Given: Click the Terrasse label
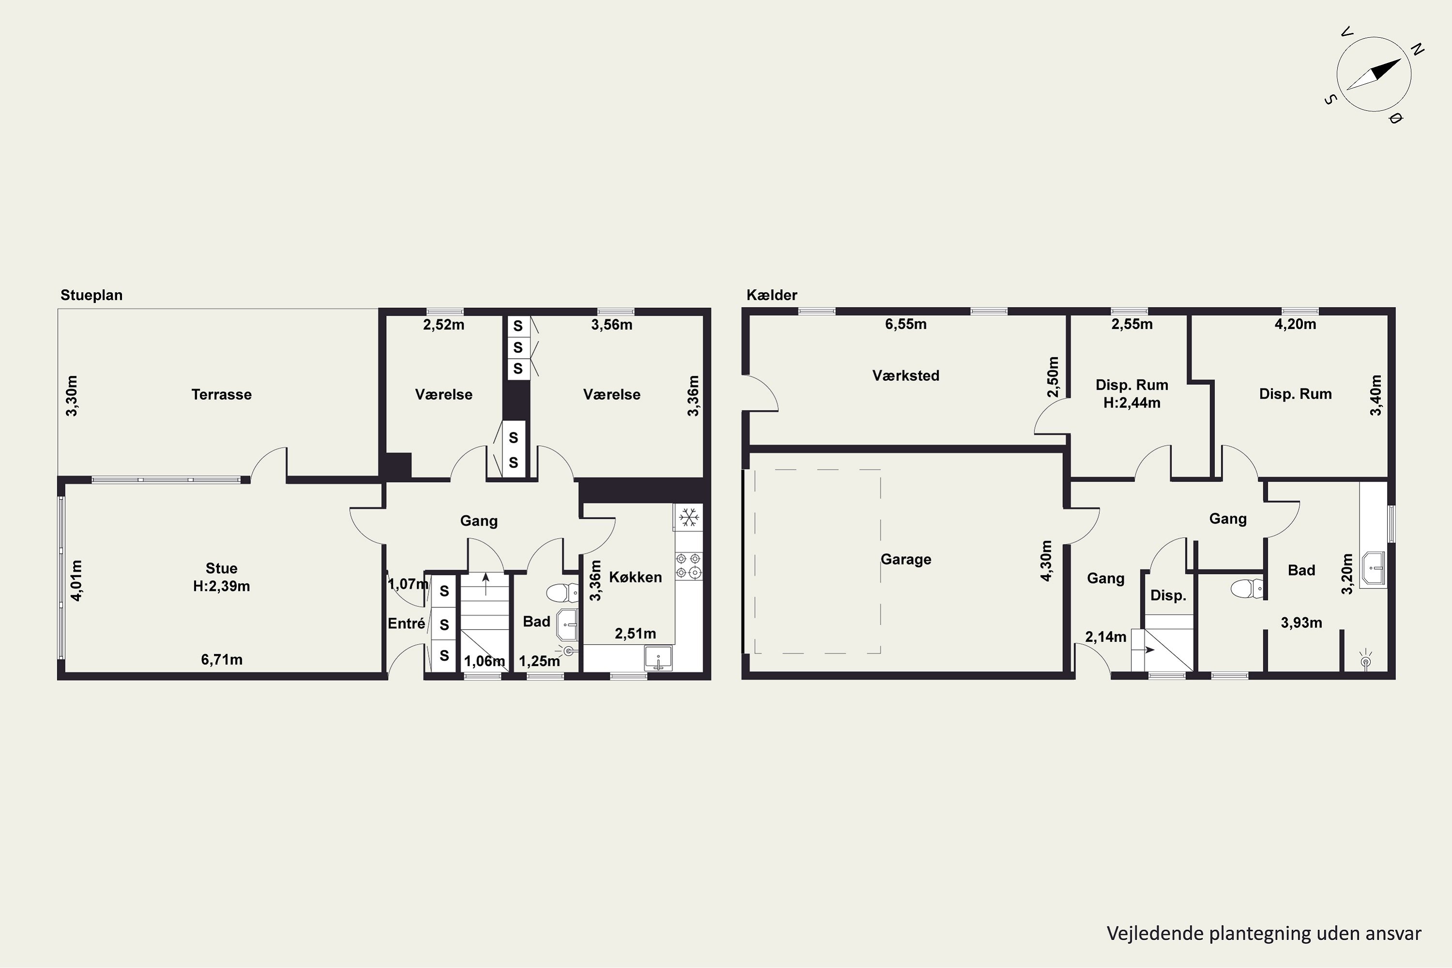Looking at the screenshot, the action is [x=222, y=394].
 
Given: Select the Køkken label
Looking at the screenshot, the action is [x=635, y=577].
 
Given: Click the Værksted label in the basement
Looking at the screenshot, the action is [x=906, y=376].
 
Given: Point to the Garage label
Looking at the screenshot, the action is [x=906, y=560].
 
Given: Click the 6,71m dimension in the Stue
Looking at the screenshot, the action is [x=222, y=659].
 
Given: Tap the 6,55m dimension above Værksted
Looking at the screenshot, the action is [x=906, y=324].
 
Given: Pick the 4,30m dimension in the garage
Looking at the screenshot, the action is [x=1046, y=560].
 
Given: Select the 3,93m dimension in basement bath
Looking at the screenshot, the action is [x=1301, y=622].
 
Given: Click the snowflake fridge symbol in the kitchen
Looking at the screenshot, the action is [x=688, y=517].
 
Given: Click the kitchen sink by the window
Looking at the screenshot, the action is [x=659, y=658].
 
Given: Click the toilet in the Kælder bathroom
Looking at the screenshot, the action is [x=1246, y=589].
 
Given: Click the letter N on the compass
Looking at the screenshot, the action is [x=1418, y=49].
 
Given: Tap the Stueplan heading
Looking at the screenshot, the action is [x=91, y=295].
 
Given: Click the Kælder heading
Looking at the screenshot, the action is [x=771, y=295].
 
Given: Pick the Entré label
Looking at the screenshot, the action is [x=406, y=623].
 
